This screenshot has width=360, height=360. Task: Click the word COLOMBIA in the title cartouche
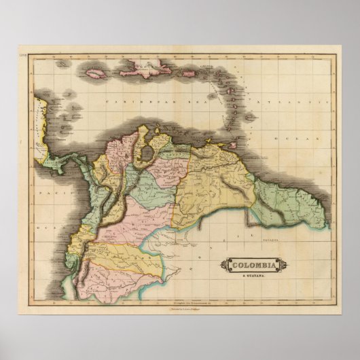[x=251, y=264]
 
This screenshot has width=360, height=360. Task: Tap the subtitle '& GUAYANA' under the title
[x=251, y=272]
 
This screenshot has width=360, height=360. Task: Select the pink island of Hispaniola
[x=144, y=67]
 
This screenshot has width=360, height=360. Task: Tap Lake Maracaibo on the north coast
[x=145, y=153]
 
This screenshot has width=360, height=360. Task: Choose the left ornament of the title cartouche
[x=222, y=264]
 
